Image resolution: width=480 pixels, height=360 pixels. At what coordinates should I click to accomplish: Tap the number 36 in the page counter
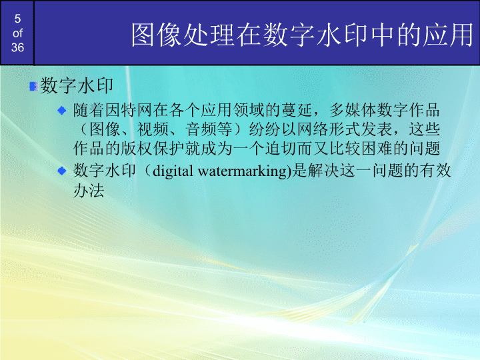(x=17, y=47)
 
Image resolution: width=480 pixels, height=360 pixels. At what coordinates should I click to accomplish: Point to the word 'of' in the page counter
(x=17, y=33)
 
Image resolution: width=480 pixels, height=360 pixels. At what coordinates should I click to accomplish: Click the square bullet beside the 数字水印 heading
(x=32, y=86)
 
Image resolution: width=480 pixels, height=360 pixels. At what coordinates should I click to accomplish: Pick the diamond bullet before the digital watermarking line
(x=62, y=171)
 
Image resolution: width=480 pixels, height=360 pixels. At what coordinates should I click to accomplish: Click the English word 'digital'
(x=174, y=171)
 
